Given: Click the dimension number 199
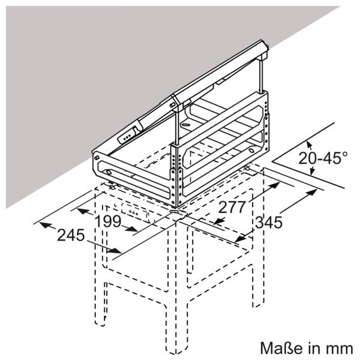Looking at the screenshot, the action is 107,221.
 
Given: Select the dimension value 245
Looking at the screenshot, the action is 71,235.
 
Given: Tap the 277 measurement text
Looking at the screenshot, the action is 232,208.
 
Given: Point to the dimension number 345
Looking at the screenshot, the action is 269,222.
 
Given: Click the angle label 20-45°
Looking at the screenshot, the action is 323,158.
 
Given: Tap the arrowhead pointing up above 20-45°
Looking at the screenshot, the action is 309,145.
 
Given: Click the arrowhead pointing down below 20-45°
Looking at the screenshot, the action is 312,171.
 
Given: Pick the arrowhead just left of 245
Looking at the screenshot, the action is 45,225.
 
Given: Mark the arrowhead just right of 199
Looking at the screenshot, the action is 132,229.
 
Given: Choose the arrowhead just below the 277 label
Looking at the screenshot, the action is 219,221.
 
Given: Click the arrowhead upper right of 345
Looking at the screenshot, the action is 312,192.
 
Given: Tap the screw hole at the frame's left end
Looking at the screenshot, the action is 97,158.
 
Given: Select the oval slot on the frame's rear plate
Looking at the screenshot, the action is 185,125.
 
